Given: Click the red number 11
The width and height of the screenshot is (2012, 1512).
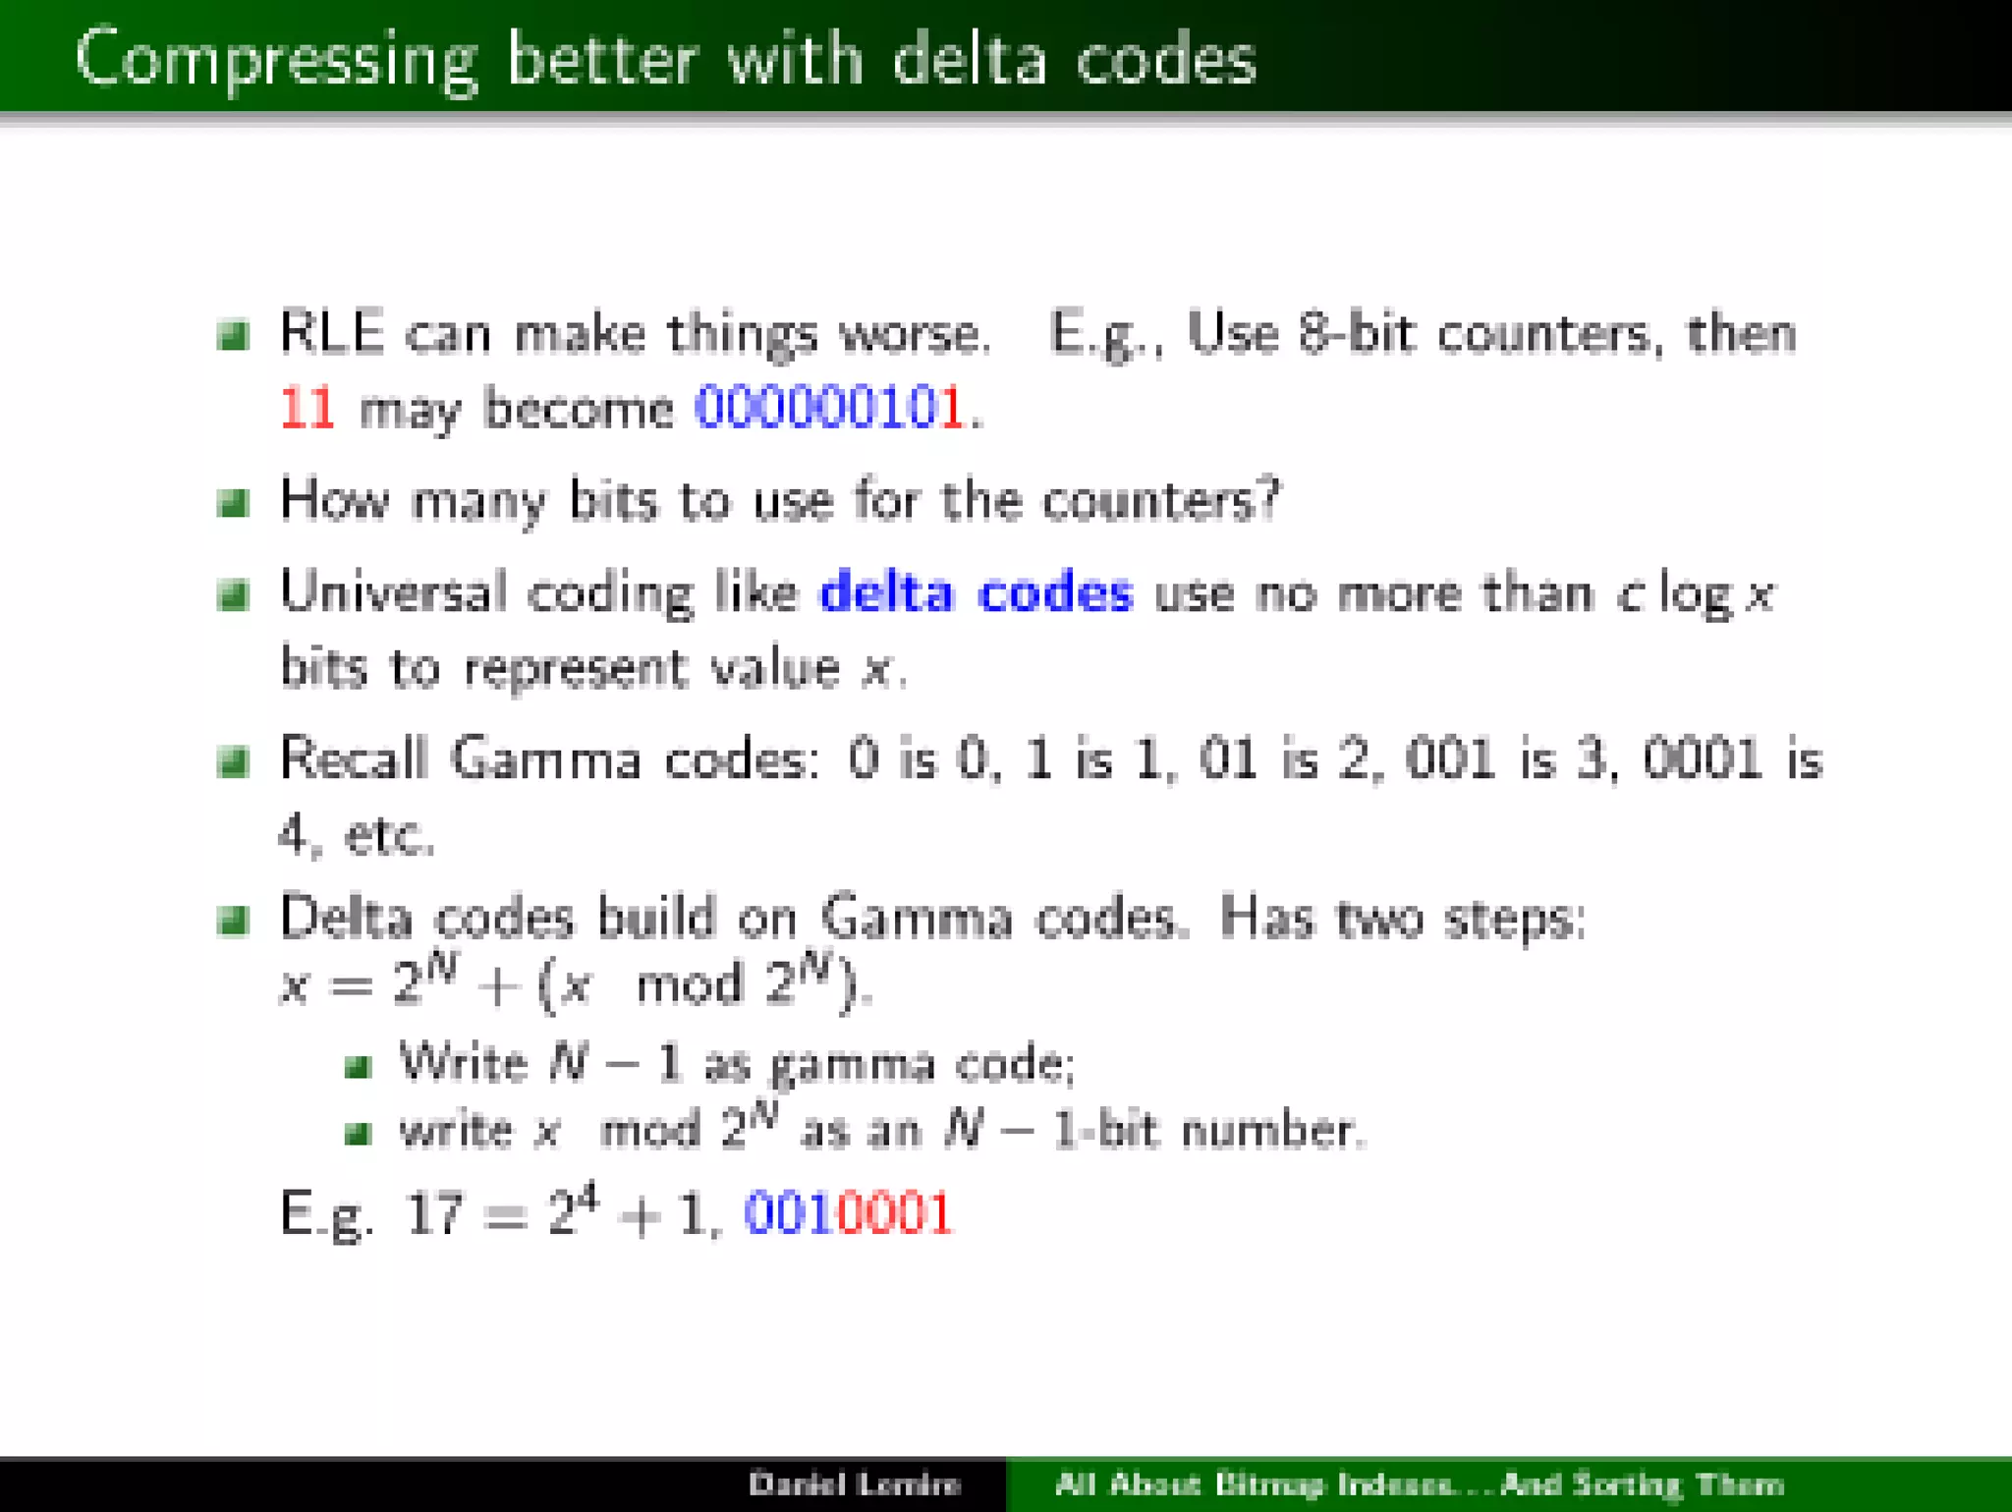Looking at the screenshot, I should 307,407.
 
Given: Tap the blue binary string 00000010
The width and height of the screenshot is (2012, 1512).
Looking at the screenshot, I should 815,407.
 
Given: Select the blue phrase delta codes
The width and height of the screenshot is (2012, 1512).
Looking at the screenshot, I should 976,592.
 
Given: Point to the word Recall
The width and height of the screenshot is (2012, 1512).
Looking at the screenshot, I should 354,759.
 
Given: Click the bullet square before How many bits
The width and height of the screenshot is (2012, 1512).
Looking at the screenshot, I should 233,503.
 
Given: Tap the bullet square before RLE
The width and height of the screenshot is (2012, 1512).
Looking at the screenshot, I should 233,336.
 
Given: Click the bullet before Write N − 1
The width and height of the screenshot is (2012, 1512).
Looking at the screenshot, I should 358,1066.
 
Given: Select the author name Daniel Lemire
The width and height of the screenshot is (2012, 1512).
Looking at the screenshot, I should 854,1484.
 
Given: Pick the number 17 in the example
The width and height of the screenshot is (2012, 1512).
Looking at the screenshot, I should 432,1213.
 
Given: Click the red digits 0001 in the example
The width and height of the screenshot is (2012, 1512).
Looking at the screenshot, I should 893,1213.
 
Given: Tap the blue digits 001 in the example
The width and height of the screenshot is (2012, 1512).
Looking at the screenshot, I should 789,1213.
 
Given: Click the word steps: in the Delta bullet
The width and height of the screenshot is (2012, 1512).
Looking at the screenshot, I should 1514,922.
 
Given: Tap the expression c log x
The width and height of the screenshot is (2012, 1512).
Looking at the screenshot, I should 1696,594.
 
